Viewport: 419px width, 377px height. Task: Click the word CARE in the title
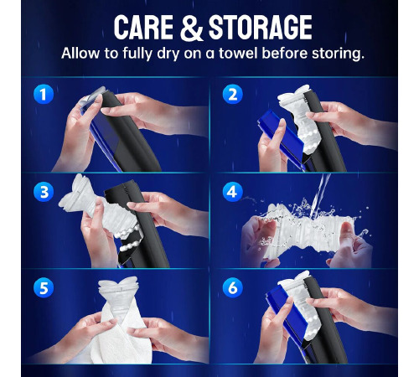(143, 27)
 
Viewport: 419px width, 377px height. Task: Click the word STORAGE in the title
(261, 27)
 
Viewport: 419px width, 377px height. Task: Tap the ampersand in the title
(191, 28)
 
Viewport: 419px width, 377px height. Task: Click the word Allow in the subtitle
(80, 53)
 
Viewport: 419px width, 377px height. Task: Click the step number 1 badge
(43, 95)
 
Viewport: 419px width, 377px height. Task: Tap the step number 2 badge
(232, 95)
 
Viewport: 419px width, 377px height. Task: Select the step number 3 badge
(44, 193)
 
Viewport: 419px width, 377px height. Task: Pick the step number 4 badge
(232, 192)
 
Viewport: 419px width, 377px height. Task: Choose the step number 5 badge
(44, 287)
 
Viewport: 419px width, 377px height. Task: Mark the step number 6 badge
(232, 287)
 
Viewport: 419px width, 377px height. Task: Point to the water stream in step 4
(320, 194)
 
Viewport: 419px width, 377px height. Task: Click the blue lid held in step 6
(287, 312)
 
